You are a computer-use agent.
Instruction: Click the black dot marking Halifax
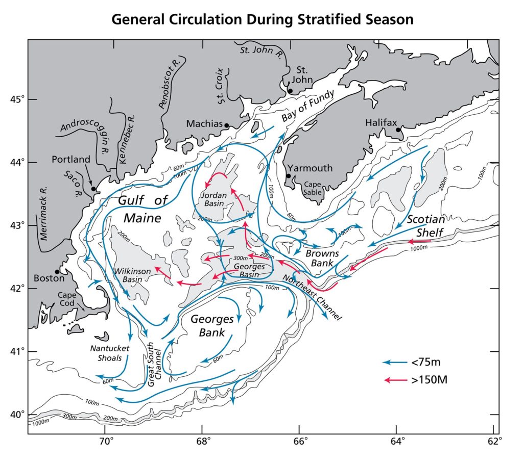(398, 130)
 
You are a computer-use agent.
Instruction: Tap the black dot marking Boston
(57, 272)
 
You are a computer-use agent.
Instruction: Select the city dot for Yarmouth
(289, 176)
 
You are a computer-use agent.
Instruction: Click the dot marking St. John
(290, 91)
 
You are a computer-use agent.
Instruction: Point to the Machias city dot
(227, 125)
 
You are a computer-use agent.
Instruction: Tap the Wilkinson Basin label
(132, 271)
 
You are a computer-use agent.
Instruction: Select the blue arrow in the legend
(394, 363)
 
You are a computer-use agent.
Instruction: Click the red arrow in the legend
(394, 380)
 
